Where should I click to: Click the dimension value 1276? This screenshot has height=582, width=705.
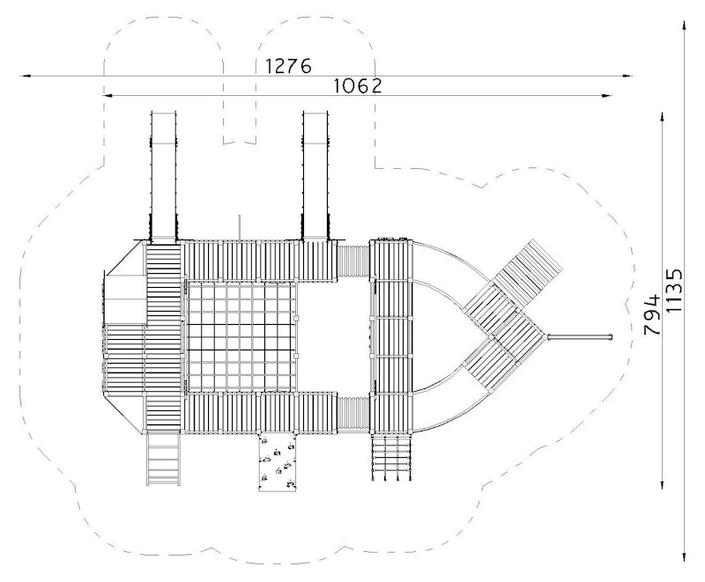pyautogui.click(x=288, y=65)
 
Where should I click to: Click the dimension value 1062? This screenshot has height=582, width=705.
pyautogui.click(x=358, y=85)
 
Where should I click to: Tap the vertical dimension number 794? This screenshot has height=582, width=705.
pyautogui.click(x=652, y=314)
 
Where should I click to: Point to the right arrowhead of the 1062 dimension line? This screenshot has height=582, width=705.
pyautogui.click(x=607, y=95)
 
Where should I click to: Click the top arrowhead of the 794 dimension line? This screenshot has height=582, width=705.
pyautogui.click(x=663, y=118)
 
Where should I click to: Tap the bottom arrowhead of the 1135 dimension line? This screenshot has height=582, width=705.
pyautogui.click(x=685, y=556)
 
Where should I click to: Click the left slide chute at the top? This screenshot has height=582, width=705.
pyautogui.click(x=163, y=175)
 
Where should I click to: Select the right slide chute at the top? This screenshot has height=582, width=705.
pyautogui.click(x=316, y=175)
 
